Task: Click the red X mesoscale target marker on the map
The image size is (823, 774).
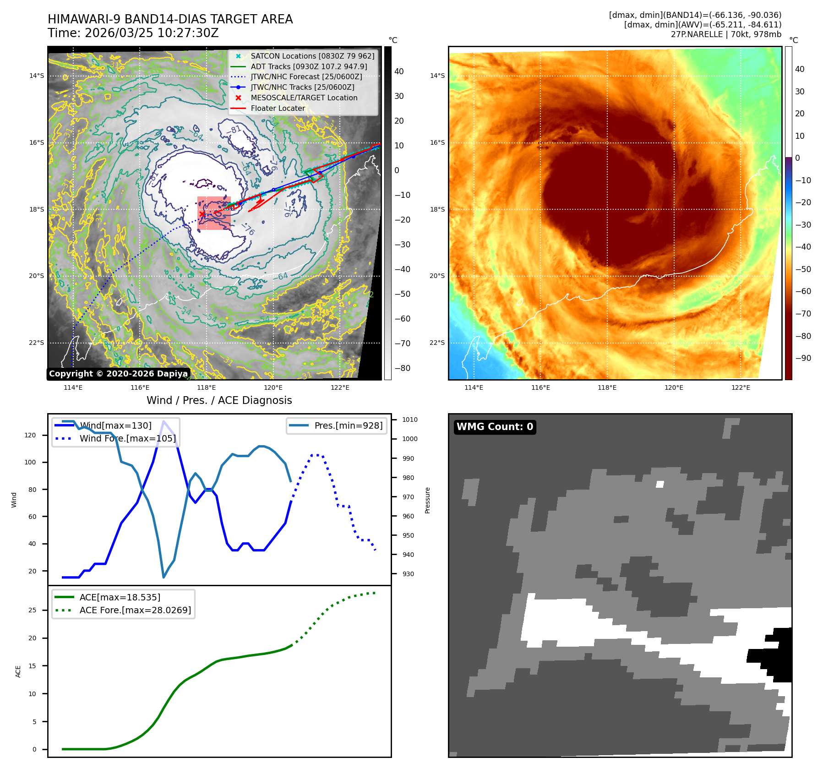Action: [x=202, y=214]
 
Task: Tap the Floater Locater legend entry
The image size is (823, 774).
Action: [x=278, y=108]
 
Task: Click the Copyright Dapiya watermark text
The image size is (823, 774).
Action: [x=118, y=374]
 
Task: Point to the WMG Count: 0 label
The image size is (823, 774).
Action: [x=495, y=427]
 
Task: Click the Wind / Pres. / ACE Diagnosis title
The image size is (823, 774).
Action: [x=219, y=400]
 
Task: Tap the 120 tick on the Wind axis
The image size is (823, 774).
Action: [x=30, y=435]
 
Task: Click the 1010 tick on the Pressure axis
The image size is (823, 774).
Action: [x=409, y=420]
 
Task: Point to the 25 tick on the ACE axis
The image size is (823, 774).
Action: [x=32, y=610]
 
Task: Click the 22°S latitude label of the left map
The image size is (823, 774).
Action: [x=37, y=343]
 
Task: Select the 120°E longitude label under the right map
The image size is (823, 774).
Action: [x=674, y=387]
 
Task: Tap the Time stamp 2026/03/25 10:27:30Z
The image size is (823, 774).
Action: [x=152, y=33]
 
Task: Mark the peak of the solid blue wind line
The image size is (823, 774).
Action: [x=164, y=421]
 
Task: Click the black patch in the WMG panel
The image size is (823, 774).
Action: [x=776, y=655]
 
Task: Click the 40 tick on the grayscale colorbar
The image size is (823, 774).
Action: [x=399, y=71]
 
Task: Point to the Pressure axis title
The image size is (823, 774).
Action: [x=427, y=500]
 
